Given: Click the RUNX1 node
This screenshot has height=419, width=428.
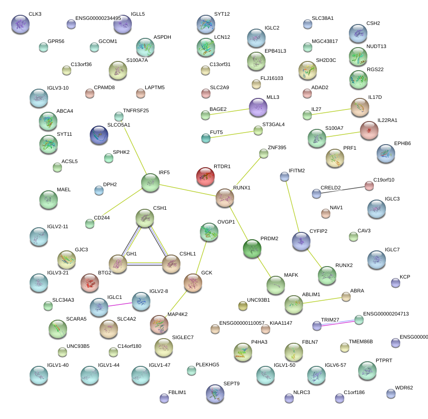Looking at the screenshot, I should click(x=225, y=198).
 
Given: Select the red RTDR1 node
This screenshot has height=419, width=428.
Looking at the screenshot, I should click(x=205, y=176).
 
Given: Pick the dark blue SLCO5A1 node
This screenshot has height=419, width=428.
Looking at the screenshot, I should click(x=99, y=135).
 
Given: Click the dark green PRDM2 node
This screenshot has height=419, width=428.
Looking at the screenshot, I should click(x=252, y=249).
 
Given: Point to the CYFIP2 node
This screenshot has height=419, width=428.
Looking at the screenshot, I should click(x=301, y=241).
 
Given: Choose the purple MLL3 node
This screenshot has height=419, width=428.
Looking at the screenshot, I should click(x=258, y=107).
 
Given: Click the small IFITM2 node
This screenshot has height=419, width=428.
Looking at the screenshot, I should click(x=285, y=176).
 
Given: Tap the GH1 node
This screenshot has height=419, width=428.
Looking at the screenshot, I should click(x=118, y=264).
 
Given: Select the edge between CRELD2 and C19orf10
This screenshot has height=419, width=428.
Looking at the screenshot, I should click(x=342, y=190).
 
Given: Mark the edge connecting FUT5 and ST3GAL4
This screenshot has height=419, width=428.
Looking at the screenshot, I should click(x=232, y=134).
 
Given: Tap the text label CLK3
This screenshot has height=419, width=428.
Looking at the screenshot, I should click(x=35, y=14).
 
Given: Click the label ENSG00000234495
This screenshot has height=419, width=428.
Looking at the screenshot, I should click(x=100, y=18).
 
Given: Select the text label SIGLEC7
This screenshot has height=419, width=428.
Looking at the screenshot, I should click(x=183, y=337).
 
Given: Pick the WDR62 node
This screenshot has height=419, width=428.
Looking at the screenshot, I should click(x=391, y=394).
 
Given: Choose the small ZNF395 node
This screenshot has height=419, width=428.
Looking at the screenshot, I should click(x=264, y=153).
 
